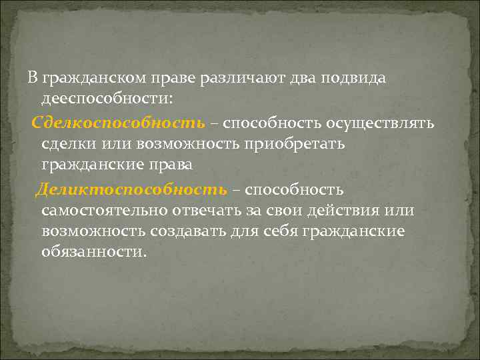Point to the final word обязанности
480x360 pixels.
pyautogui.click(x=91, y=253)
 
